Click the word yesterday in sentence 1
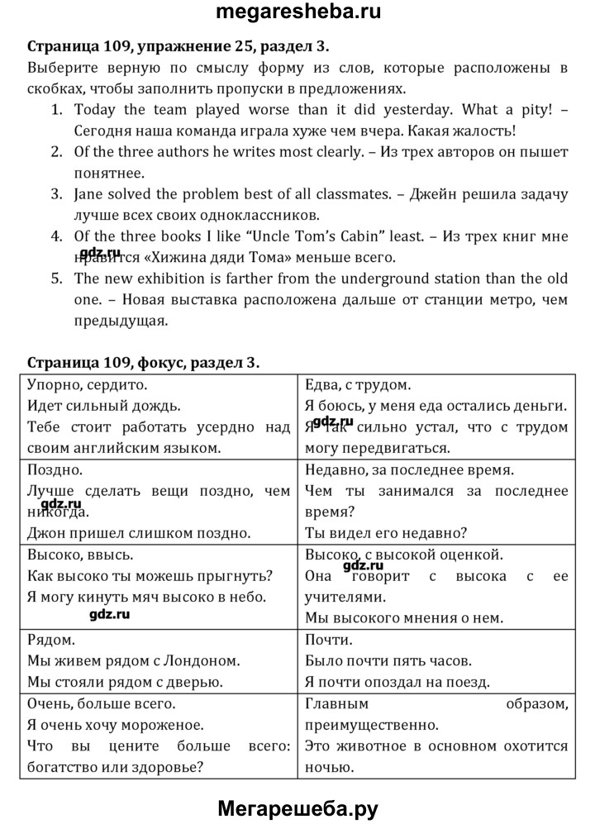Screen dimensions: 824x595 coord(414,109)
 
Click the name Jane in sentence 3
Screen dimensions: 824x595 coord(89,195)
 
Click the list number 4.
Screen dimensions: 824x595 coord(56,237)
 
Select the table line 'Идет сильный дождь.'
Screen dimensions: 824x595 coord(103,406)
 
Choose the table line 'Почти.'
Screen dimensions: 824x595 coord(329,640)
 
